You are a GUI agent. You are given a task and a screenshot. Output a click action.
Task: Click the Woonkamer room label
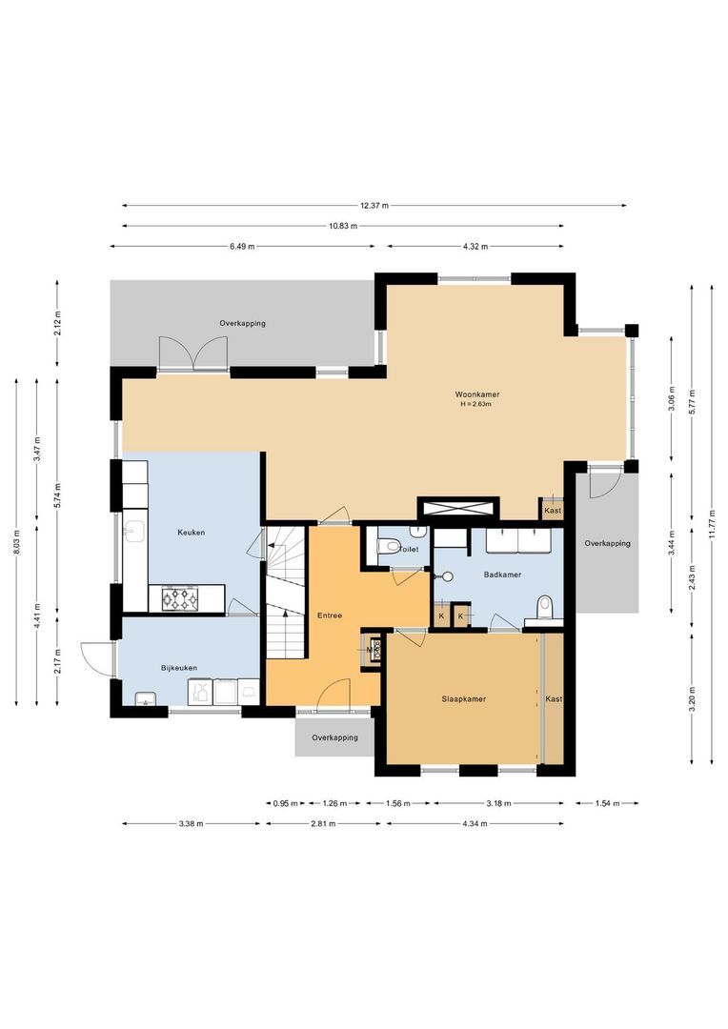(x=477, y=394)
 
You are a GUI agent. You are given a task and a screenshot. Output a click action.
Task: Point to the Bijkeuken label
(x=179, y=668)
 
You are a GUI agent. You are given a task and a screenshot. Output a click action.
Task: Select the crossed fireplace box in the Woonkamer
(x=458, y=509)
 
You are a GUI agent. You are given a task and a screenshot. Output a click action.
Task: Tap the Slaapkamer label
(x=464, y=698)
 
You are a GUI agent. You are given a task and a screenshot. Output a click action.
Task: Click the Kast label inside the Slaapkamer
(x=554, y=698)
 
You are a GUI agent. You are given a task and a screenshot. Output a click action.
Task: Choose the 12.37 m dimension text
(x=374, y=205)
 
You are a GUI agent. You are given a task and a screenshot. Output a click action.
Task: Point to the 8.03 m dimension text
(x=16, y=544)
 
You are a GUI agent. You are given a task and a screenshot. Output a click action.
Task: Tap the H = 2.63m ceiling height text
(x=477, y=404)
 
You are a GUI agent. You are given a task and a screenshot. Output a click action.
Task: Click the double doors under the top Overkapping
(x=193, y=353)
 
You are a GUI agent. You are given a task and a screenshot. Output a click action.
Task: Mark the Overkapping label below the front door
(x=334, y=737)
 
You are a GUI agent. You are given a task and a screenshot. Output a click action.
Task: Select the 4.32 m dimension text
(x=475, y=246)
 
